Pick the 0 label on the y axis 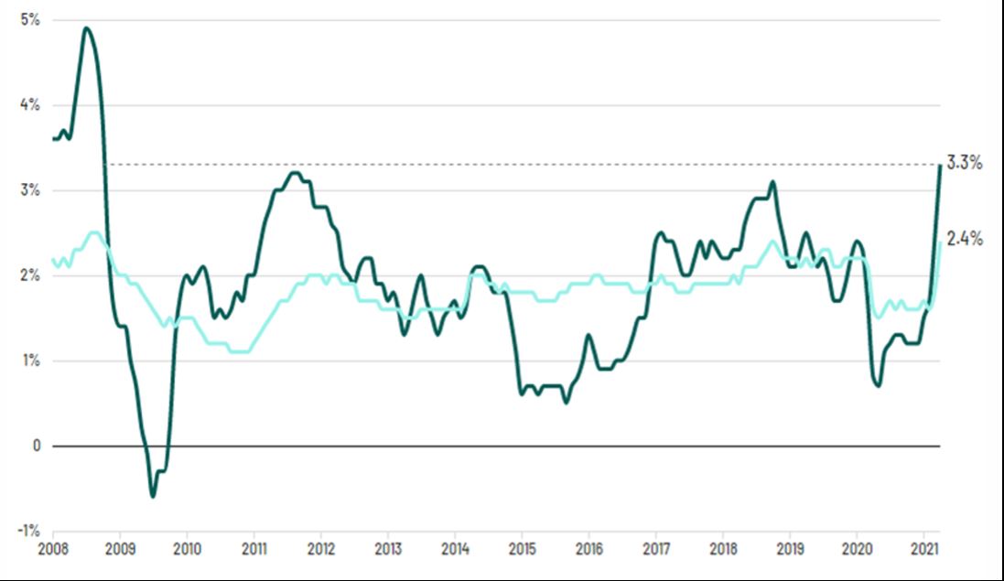tap(36, 446)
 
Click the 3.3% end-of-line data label tap(965, 164)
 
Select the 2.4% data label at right tap(965, 240)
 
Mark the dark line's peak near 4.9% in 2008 tap(86, 27)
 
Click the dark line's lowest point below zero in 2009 tap(153, 496)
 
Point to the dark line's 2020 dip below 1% tap(879, 385)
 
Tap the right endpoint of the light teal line tap(940, 242)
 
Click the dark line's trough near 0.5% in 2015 tap(566, 402)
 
